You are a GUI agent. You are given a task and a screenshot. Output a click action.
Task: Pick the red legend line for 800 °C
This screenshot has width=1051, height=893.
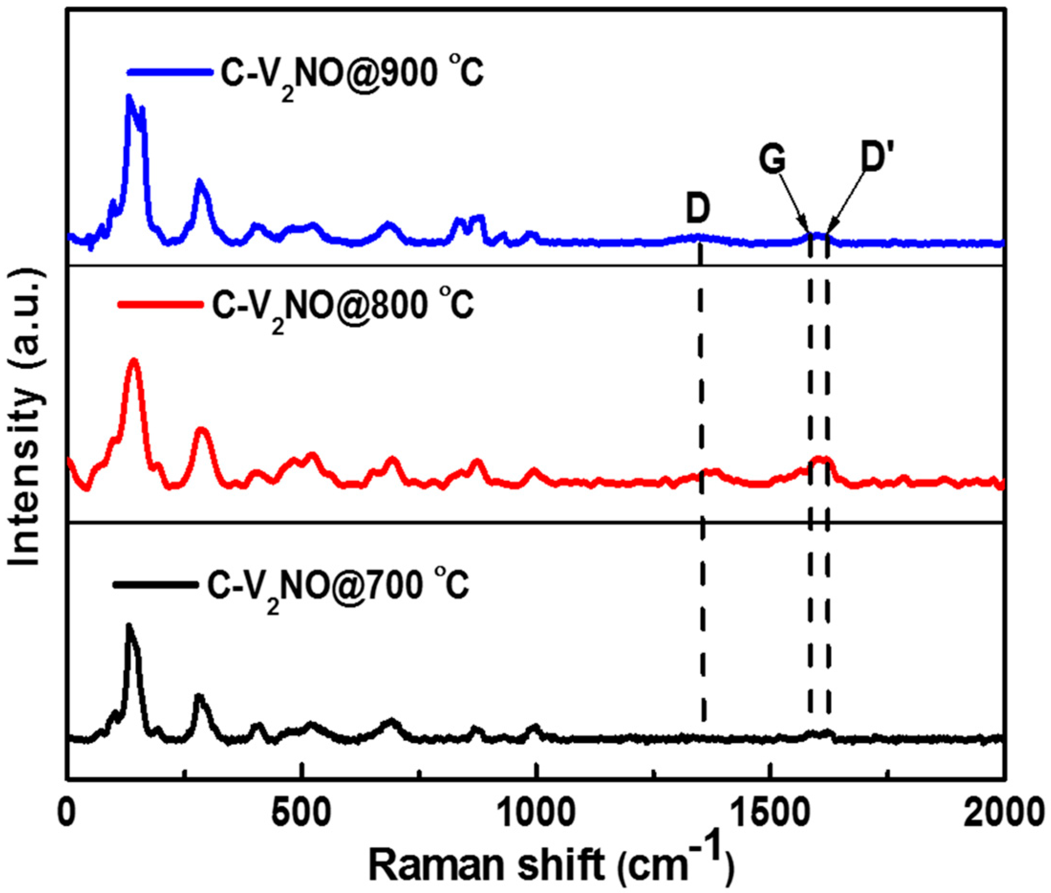point(160,304)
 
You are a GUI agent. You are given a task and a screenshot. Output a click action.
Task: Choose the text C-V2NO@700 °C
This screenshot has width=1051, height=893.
point(338,586)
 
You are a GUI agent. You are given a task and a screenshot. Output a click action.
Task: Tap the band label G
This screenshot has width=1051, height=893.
point(772,160)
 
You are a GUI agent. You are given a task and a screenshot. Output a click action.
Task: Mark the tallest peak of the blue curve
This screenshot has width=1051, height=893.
point(129,97)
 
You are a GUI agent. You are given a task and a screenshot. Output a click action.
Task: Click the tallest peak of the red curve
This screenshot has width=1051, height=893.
point(134,360)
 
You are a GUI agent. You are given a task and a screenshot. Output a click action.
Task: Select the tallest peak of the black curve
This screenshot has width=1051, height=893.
point(129,627)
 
